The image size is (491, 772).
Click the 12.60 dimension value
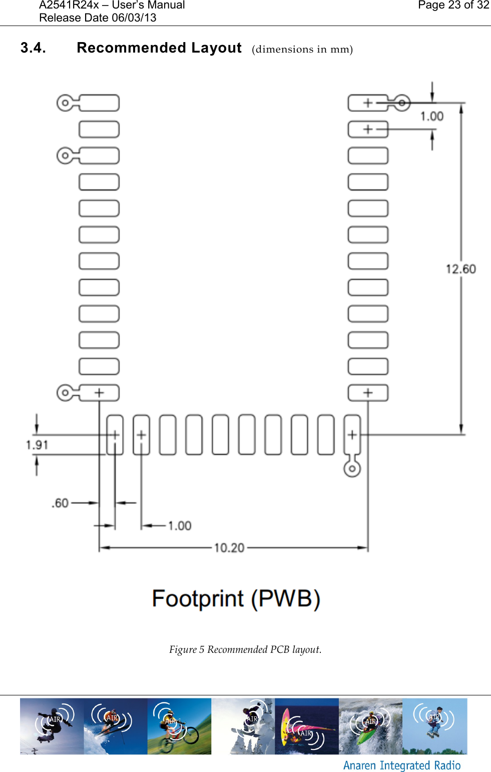click(460, 269)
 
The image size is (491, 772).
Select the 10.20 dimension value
click(229, 548)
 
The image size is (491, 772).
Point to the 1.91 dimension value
click(37, 445)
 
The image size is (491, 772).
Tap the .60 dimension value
click(60, 503)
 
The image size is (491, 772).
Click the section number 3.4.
click(33, 48)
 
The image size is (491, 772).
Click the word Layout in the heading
click(216, 48)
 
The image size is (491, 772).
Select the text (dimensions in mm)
click(302, 49)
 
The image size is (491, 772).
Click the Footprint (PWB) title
click(236, 599)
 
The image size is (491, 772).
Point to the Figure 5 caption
click(245, 649)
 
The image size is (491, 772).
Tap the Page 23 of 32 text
click(453, 5)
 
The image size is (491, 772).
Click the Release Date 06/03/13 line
click(98, 18)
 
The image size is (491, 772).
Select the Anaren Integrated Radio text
click(402, 765)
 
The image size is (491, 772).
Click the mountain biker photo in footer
click(179, 726)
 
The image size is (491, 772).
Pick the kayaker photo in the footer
click(370, 726)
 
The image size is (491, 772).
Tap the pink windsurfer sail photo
click(306, 726)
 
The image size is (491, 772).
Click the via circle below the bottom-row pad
click(352, 469)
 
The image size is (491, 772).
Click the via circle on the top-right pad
click(402, 103)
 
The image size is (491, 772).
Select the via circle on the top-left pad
click(65, 103)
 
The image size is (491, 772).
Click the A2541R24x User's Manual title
click(112, 5)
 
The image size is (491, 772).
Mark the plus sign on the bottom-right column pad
click(368, 393)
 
